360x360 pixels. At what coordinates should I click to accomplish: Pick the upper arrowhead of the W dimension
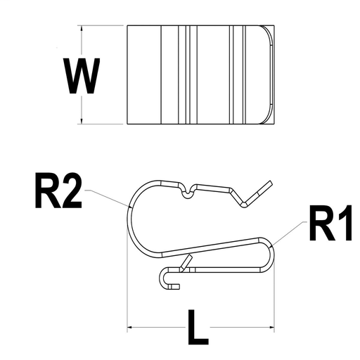[83, 30]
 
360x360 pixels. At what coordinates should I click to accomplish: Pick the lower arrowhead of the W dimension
[83, 120]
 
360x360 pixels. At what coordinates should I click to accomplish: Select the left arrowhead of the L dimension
[131, 327]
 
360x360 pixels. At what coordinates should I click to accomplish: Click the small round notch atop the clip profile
[186, 192]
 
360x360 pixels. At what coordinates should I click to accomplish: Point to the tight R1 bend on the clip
[271, 252]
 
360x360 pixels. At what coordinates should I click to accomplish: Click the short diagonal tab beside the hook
[186, 263]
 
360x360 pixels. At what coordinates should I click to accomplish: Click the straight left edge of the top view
[127, 75]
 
